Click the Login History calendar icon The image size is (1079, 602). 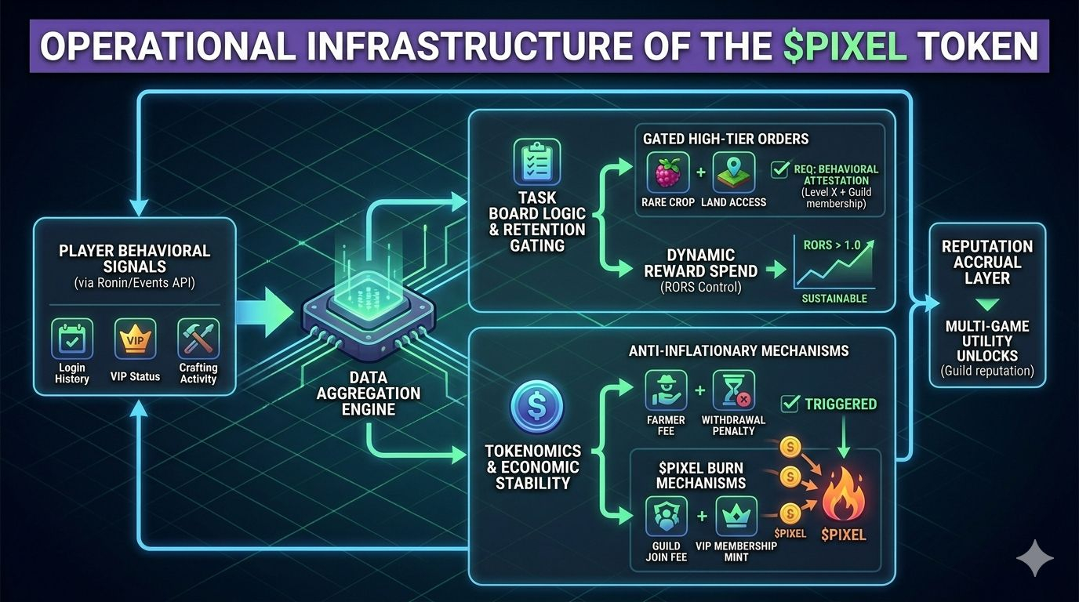point(72,339)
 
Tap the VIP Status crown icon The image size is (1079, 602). point(135,339)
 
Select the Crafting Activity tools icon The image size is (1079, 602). point(198,339)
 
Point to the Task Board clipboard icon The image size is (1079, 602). point(537,161)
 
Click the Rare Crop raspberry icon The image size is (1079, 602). point(669,172)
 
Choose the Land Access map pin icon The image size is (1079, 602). point(734,172)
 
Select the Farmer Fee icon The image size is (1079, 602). point(665,390)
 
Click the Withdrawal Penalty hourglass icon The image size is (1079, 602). point(734,390)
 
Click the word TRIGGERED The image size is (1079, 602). point(841,404)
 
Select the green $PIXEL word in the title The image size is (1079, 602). point(846,47)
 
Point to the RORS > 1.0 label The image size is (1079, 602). point(831,245)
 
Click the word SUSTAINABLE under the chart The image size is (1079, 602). point(834,299)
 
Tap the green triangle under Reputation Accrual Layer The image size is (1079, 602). point(986,303)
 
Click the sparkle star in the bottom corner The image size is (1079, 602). point(1035,557)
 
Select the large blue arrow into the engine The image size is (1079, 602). point(264,311)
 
